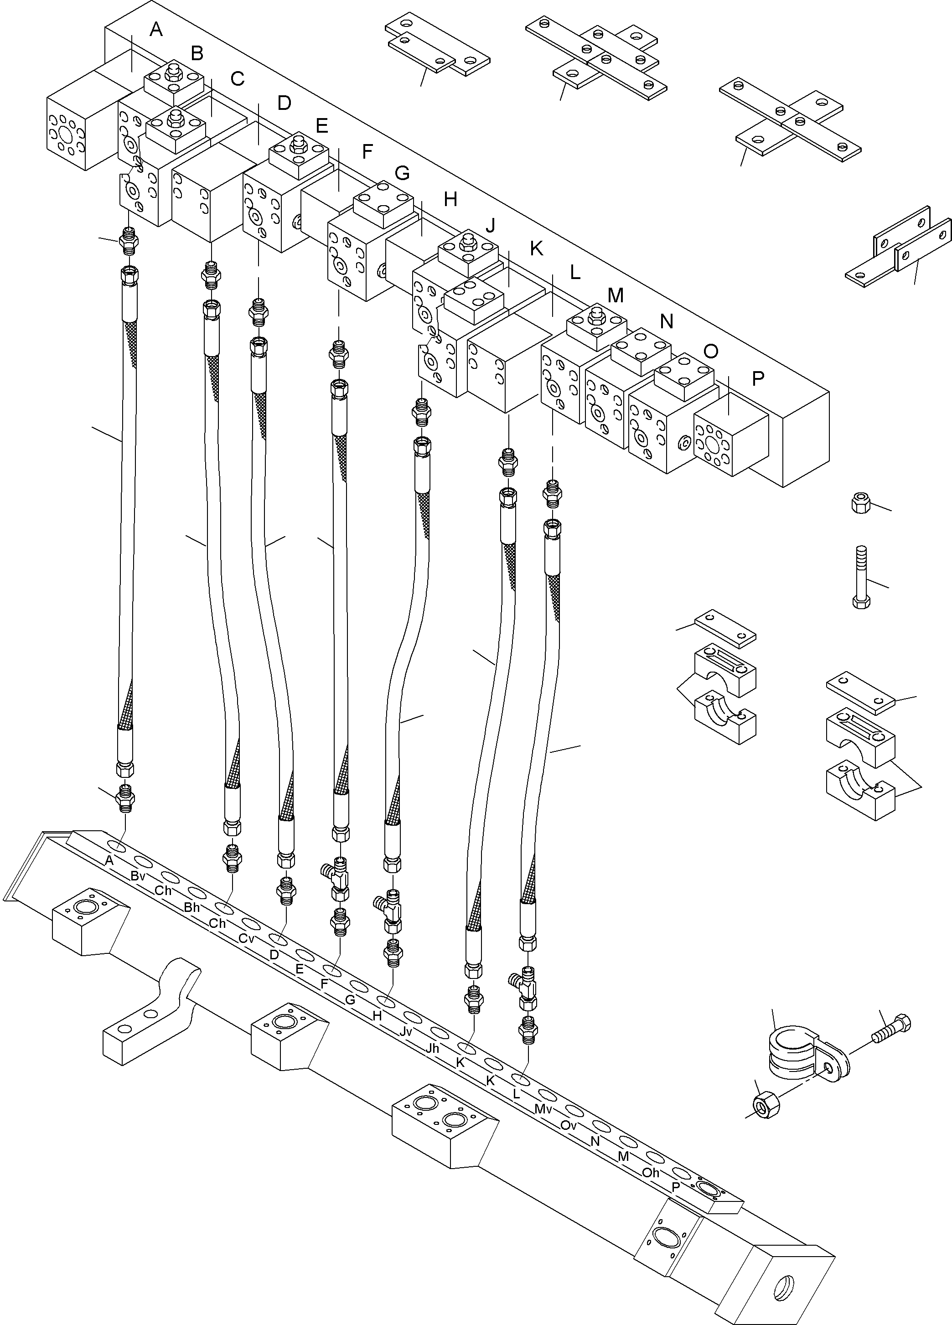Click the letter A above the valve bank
click(155, 29)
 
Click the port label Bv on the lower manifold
click(138, 876)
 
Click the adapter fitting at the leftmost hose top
click(128, 241)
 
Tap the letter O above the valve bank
click(711, 351)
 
